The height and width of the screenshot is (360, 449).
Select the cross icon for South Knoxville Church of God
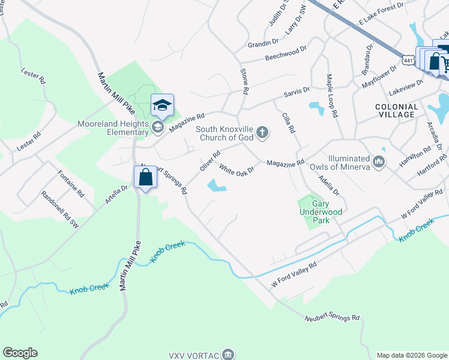262,132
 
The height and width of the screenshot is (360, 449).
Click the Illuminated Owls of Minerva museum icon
379,161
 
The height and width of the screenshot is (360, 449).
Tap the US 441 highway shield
408,61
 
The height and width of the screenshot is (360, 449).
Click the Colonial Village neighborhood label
395,110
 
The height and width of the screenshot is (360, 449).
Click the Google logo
20,353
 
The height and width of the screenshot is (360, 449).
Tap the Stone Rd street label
244,81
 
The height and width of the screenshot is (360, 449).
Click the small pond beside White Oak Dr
217,187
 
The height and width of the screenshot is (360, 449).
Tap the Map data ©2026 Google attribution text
412,355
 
